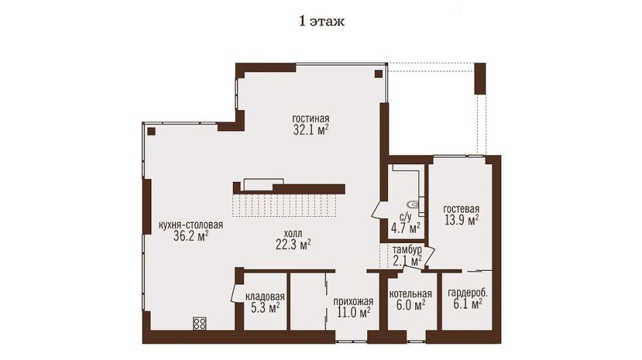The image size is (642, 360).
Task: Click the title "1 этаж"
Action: tap(322, 22)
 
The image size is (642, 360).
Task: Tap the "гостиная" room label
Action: tap(311, 118)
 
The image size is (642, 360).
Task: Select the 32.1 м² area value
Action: tap(311, 130)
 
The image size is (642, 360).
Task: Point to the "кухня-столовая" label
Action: tap(191, 225)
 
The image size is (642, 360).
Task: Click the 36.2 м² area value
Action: tap(191, 236)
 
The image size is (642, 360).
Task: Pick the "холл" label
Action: tap(293, 234)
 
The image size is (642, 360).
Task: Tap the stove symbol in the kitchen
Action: tap(200, 323)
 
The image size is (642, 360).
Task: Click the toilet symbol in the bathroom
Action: tap(412, 203)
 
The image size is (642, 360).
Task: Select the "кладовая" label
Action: tap(265, 297)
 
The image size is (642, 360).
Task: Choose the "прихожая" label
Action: tap(353, 301)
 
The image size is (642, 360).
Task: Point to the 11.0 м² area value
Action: tap(354, 313)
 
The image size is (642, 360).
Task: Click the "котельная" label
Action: tap(410, 294)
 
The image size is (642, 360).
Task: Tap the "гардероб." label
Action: tap(468, 293)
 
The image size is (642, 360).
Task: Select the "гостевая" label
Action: tap(462, 209)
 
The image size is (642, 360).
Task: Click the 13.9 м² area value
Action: tap(462, 221)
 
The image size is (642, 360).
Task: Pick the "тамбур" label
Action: tap(407, 250)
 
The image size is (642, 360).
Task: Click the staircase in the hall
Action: tap(285, 205)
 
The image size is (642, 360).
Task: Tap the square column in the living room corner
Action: tap(378, 74)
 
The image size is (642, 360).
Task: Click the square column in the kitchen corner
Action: tap(151, 132)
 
